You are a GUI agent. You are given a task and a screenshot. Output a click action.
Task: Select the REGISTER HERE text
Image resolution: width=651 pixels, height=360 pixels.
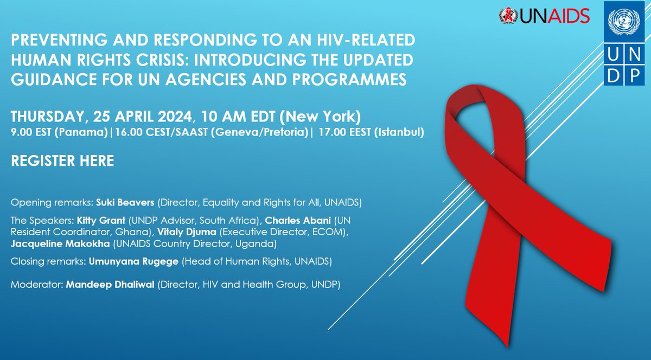[63, 161]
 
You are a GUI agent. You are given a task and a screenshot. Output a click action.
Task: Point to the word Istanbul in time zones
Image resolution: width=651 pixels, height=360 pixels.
[400, 132]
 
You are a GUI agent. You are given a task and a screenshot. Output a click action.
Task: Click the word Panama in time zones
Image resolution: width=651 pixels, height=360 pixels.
[87, 132]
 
